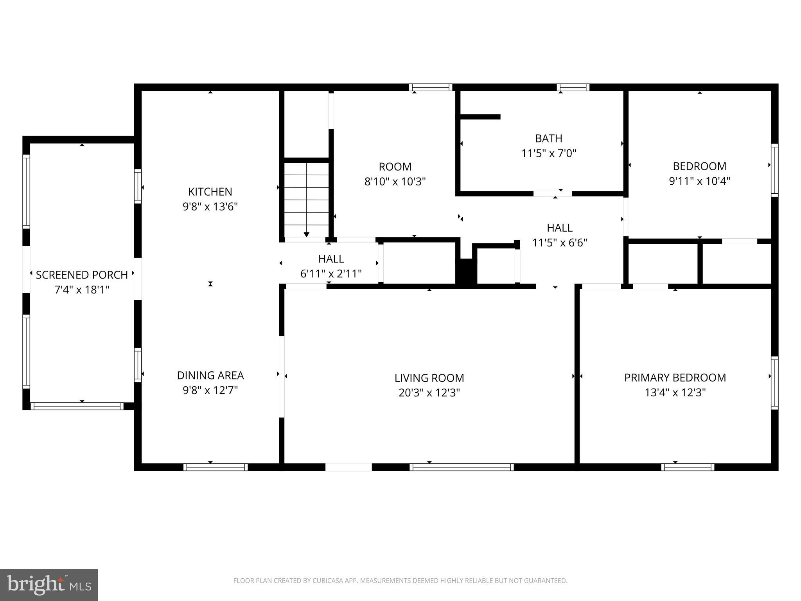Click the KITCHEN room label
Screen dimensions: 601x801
[x=210, y=191]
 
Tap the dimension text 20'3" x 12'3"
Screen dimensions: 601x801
[x=429, y=392]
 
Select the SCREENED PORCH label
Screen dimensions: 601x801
[x=82, y=275]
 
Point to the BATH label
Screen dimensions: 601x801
[x=548, y=138]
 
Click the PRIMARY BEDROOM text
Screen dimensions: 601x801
[x=675, y=378]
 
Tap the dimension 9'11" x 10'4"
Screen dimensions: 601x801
[x=699, y=181]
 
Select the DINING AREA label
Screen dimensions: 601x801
[x=210, y=375]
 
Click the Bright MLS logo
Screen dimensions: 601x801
[x=48, y=585]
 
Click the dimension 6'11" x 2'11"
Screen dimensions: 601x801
[x=331, y=274]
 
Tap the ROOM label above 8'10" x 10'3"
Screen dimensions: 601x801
[x=395, y=167]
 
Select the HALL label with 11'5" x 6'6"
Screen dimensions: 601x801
[x=559, y=228]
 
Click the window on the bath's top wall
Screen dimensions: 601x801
[x=573, y=87]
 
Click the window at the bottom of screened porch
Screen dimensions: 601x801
[x=77, y=406]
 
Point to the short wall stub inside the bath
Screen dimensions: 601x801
[x=480, y=117]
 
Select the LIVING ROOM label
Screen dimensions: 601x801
[x=429, y=378]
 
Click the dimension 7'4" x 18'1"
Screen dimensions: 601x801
[x=82, y=290]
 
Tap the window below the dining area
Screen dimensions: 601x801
[x=216, y=467]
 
